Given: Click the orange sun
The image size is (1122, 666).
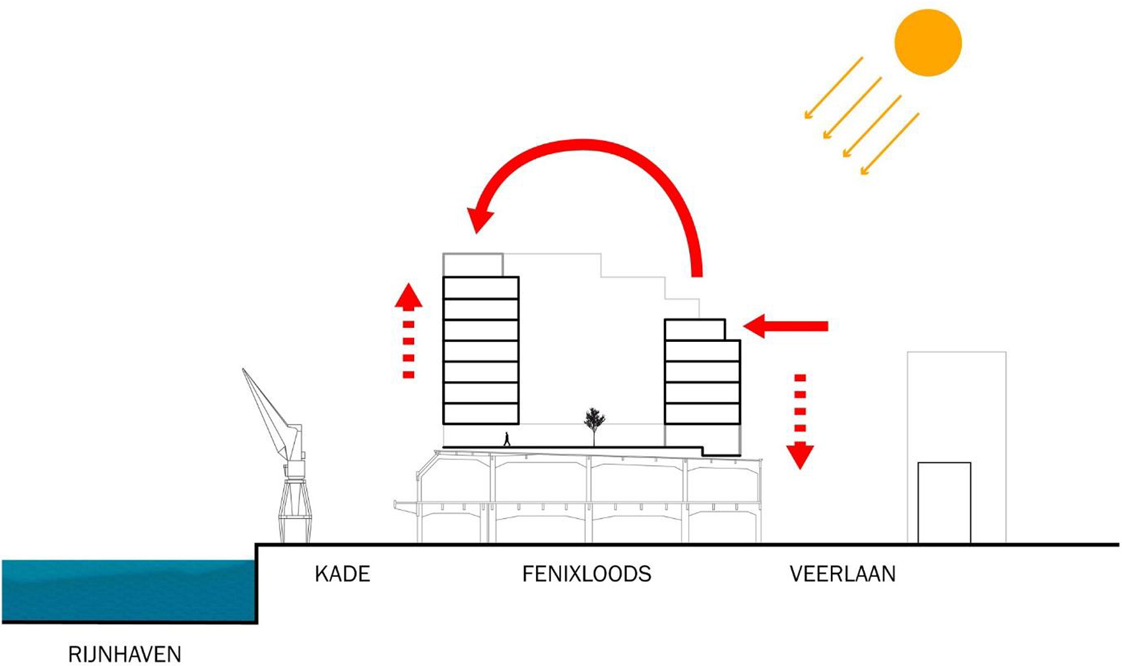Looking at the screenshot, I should [927, 42].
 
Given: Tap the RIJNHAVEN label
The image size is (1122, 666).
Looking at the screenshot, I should [124, 654].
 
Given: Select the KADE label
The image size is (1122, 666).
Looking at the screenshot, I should [342, 574].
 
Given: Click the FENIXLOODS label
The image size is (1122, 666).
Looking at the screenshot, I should [586, 574].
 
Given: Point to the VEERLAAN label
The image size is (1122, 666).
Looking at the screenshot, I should [842, 574].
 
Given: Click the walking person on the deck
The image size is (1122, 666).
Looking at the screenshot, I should [507, 439].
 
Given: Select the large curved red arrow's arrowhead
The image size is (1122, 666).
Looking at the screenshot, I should [480, 218].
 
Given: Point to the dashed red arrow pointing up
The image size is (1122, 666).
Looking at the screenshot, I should [409, 330].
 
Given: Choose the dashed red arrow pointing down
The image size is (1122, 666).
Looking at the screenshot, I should [800, 422].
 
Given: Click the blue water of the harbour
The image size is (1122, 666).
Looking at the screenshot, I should [125, 589].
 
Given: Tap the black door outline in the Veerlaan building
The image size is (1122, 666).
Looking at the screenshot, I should [944, 502].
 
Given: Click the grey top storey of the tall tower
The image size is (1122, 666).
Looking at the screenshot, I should [473, 265].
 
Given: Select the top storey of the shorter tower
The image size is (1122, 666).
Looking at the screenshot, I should [694, 330].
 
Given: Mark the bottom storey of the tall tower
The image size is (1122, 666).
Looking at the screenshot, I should [480, 413].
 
